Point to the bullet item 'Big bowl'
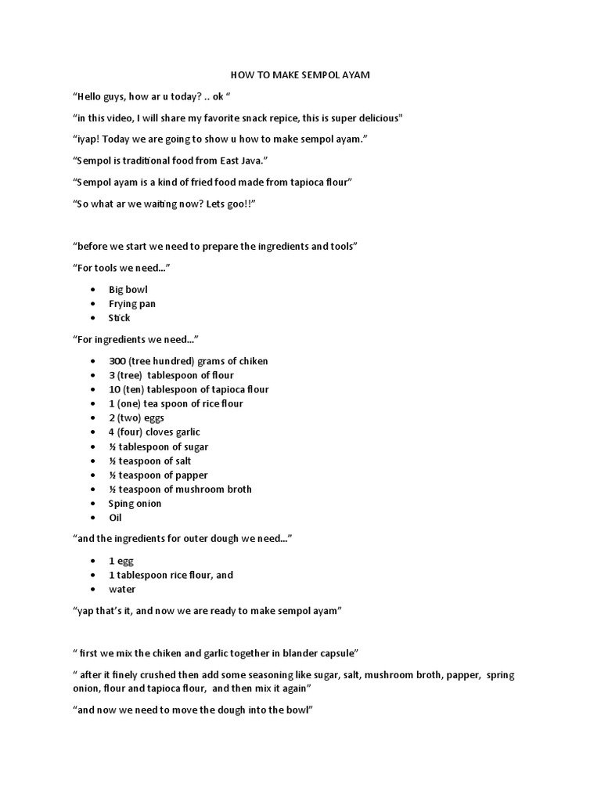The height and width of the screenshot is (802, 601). [128, 290]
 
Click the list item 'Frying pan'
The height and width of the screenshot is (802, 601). [132, 304]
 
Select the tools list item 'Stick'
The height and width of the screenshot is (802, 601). [120, 318]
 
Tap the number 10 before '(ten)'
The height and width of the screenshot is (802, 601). [114, 389]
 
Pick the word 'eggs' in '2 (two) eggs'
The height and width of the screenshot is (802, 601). [153, 417]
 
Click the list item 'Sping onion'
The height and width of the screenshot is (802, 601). [135, 503]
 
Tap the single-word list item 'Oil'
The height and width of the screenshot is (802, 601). [116, 517]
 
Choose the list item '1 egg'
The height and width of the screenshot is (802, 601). [121, 561]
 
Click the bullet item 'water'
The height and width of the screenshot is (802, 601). [122, 589]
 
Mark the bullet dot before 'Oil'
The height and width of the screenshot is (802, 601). [92, 518]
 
